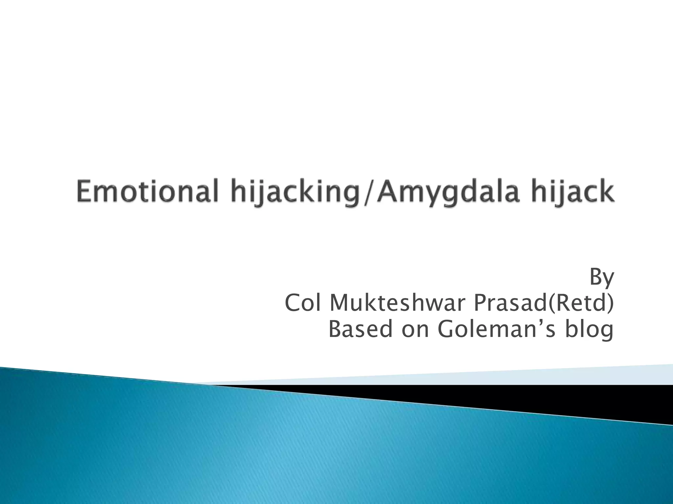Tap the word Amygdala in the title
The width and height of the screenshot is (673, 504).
(447, 194)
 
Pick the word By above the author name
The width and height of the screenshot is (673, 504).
(601, 278)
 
